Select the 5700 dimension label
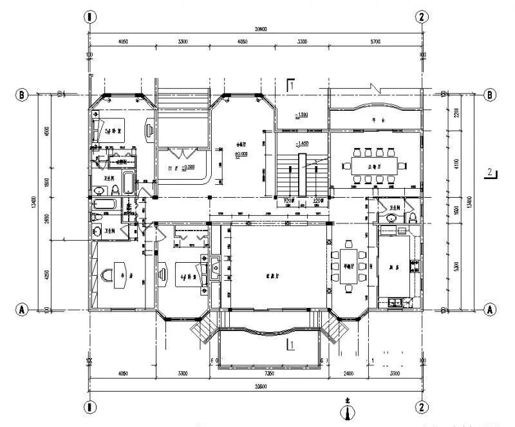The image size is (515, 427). [375, 42]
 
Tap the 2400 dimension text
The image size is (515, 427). [348, 373]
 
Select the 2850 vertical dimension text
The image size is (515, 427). [46, 218]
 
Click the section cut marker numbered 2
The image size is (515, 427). [490, 172]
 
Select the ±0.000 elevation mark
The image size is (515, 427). [242, 154]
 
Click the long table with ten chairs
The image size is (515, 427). [373, 162]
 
